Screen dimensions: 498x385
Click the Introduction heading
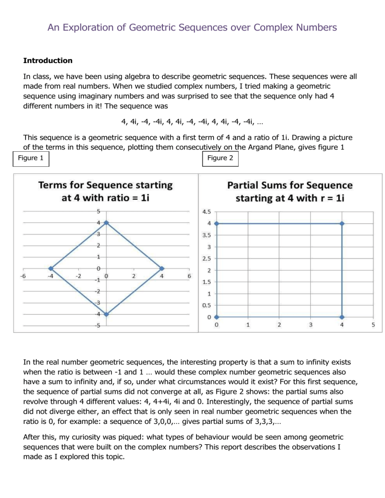coord(48,61)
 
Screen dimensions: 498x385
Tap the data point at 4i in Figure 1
coord(106,222)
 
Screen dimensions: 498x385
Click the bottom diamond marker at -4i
coord(106,314)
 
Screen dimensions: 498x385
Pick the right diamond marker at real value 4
coord(161,269)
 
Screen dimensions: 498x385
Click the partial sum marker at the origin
coord(217,317)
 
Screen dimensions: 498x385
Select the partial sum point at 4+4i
coord(342,223)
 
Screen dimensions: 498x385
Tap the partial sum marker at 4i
coord(217,223)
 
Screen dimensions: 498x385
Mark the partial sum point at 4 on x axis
coord(342,317)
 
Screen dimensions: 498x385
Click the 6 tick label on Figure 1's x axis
coord(188,275)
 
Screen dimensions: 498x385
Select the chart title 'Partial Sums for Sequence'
coord(290,185)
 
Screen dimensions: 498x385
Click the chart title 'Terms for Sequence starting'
coord(106,185)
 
